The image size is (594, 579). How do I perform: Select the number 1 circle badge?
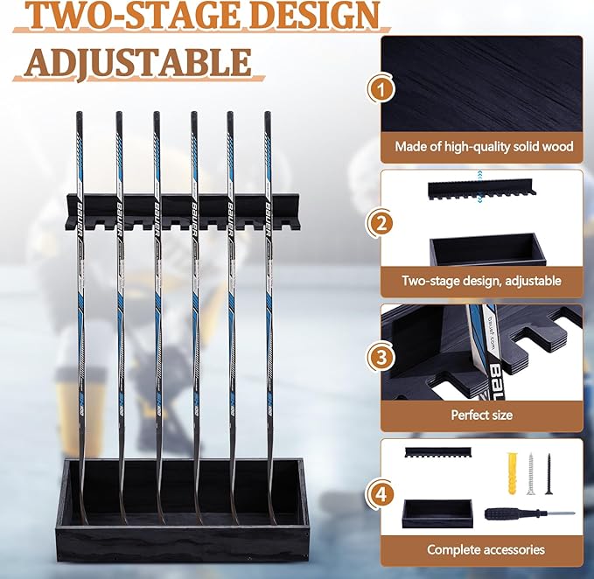point(380,87)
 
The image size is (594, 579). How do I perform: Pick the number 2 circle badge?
point(380,222)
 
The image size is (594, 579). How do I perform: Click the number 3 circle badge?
point(380,357)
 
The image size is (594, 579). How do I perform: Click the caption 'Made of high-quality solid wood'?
point(484,146)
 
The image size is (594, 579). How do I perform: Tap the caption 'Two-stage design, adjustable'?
point(482,281)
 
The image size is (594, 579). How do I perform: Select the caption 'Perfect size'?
point(481,415)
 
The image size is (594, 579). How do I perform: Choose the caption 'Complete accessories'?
point(486,549)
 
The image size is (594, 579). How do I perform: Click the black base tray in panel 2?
point(487,249)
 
